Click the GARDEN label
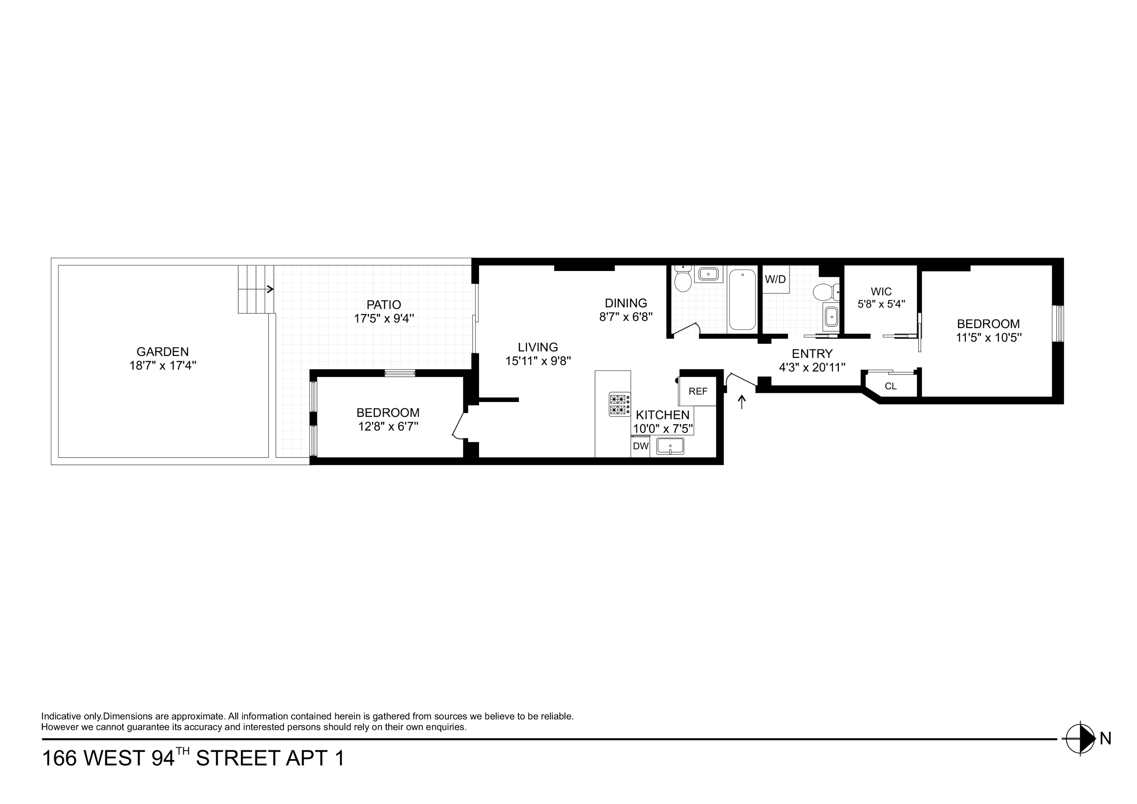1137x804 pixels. pos(162,352)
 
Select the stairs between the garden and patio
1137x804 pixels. pos(256,289)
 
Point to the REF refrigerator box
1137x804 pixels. pos(698,391)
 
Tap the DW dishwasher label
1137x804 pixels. pos(640,446)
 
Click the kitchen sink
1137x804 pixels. pos(670,446)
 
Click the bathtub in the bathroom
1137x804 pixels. pos(742,300)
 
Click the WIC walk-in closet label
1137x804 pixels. pos(881,292)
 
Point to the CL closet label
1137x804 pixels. pos(890,386)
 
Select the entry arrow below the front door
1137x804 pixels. pos(741,402)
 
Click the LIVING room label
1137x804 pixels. pos(538,347)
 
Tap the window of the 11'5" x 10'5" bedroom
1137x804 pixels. pos(1058,323)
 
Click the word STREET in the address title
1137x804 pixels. pos(238,759)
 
